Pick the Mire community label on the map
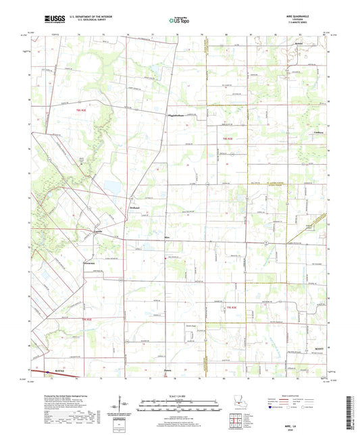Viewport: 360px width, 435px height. [x=148, y=238]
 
